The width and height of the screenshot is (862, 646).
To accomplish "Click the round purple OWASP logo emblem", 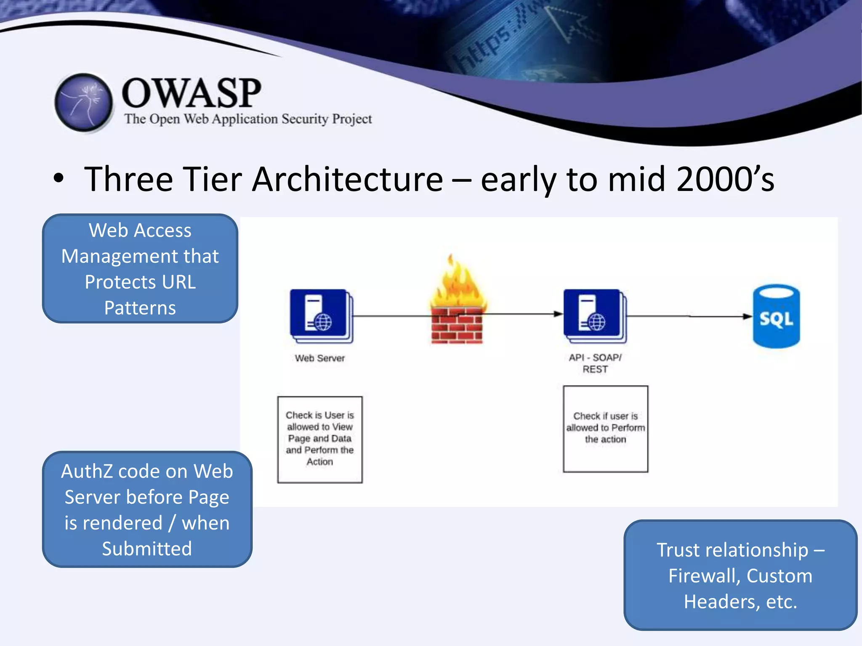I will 84,102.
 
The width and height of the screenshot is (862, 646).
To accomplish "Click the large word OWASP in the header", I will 192,93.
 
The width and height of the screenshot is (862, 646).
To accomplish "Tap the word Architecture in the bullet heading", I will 347,180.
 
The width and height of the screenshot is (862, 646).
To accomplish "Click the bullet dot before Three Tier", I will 59,178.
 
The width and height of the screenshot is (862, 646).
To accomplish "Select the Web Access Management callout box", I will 140,269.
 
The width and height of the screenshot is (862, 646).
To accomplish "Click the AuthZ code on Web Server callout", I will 147,509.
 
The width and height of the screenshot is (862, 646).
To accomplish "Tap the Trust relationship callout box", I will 740,575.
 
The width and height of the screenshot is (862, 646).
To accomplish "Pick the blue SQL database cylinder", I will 776,316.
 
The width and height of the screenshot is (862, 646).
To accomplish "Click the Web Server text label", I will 319,358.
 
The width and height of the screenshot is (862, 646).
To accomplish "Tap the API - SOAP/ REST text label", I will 595,363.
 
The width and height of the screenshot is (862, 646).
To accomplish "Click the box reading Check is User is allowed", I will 319,439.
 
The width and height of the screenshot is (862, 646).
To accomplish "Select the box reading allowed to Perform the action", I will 605,429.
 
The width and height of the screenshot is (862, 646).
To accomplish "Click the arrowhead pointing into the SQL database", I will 747,316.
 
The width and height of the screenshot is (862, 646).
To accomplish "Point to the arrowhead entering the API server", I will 558,314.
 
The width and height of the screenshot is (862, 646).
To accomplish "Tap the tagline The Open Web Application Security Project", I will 248,119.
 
